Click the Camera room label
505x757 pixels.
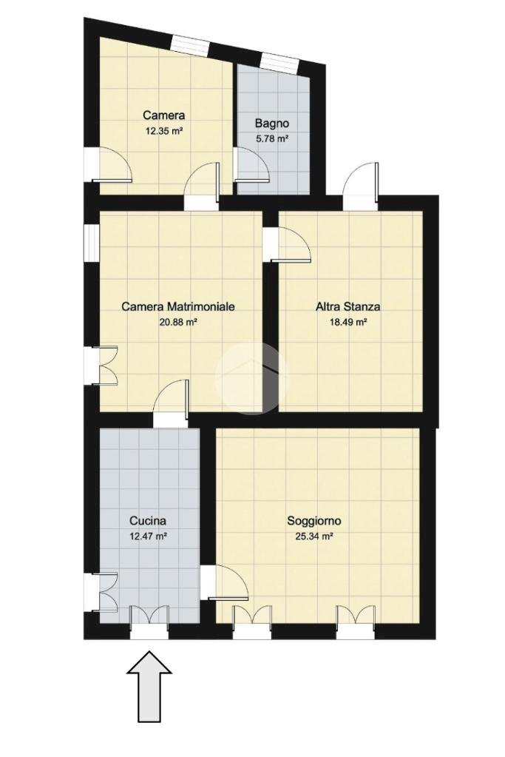(164, 115)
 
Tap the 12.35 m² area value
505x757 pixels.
(164, 130)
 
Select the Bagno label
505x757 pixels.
(272, 123)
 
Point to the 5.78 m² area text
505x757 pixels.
(272, 138)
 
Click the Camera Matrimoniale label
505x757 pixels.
(178, 306)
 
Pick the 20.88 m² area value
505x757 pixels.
(178, 322)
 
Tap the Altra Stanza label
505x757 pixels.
(348, 306)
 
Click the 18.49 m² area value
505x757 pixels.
(348, 322)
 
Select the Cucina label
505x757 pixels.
(148, 520)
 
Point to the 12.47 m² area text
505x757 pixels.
(148, 536)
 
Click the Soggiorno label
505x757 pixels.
(314, 520)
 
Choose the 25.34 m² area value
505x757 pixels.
(314, 536)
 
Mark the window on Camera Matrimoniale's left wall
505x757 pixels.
(91, 243)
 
